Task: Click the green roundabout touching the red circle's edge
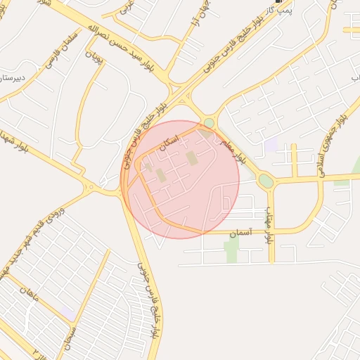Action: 209,124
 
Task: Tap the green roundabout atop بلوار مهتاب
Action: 265,181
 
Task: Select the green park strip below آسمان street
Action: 231,249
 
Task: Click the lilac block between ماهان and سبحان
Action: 67,311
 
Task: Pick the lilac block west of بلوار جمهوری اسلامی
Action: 271,146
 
